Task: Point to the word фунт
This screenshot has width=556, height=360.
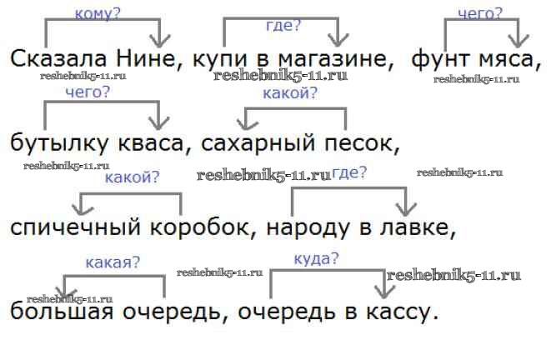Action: click(x=442, y=60)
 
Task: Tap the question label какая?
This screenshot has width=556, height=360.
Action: click(x=112, y=262)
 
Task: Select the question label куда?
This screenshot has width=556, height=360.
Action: click(x=317, y=258)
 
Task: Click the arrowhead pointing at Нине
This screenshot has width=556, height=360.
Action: click(x=158, y=40)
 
